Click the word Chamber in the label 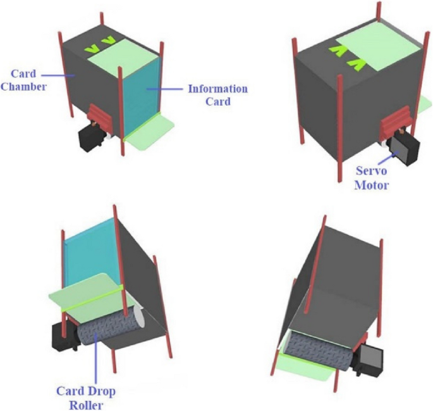click(x=23, y=87)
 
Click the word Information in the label click(x=218, y=89)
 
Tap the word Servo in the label click(x=372, y=170)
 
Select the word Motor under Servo click(x=372, y=185)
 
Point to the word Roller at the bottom click(x=86, y=405)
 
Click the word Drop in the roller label click(x=101, y=391)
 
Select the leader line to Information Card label click(x=164, y=89)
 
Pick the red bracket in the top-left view click(x=100, y=117)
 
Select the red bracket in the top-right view click(x=396, y=120)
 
